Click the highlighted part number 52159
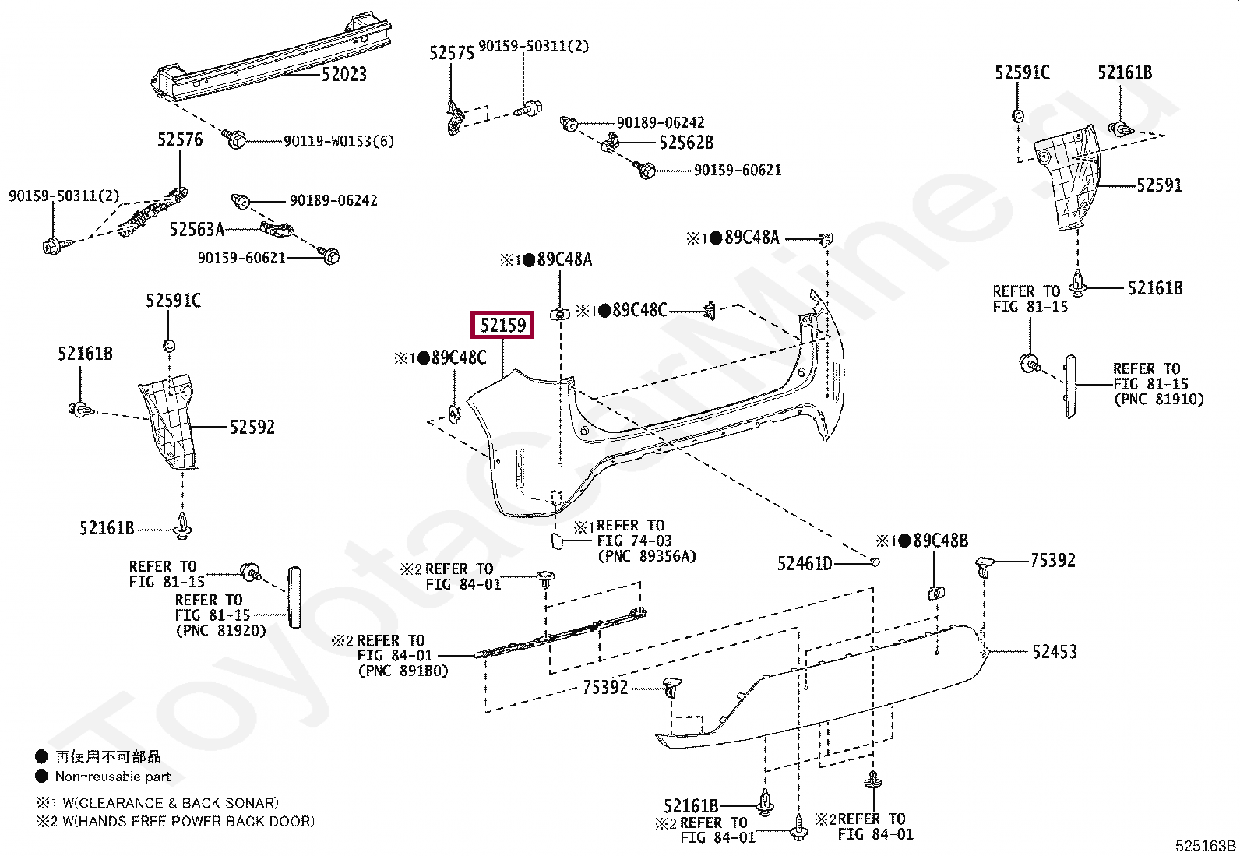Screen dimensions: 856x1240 pyautogui.click(x=502, y=324)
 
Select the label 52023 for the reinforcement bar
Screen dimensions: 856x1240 pyautogui.click(x=343, y=75)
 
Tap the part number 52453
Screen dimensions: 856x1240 pyautogui.click(x=1054, y=652)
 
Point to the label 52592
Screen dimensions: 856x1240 pyautogui.click(x=252, y=427)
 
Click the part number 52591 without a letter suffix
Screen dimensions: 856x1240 pyautogui.click(x=1158, y=185)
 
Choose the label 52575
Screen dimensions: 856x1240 pyautogui.click(x=452, y=52)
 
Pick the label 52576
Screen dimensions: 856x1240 pyautogui.click(x=180, y=139)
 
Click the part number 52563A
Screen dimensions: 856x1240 pyautogui.click(x=196, y=229)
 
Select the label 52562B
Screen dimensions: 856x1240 pyautogui.click(x=685, y=143)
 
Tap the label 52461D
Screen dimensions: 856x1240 pyautogui.click(x=805, y=563)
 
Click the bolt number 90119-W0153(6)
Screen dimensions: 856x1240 pyautogui.click(x=338, y=141)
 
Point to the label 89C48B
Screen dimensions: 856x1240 pyautogui.click(x=940, y=541)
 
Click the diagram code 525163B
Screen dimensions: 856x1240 pyautogui.click(x=1206, y=846)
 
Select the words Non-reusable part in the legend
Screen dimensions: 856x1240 pyautogui.click(x=112, y=776)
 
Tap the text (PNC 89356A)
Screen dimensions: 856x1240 pyautogui.click(x=646, y=556)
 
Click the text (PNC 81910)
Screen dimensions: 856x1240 pyautogui.click(x=1158, y=400)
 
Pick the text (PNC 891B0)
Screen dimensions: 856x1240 pyautogui.click(x=403, y=670)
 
